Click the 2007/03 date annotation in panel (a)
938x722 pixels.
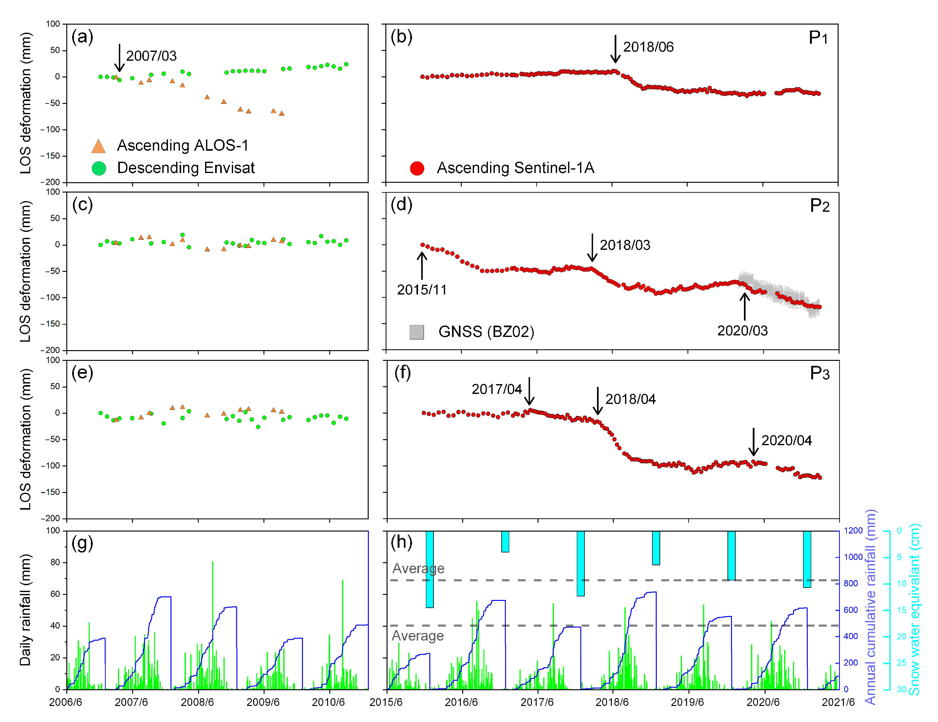click(151, 56)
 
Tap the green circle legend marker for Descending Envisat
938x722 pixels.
click(99, 168)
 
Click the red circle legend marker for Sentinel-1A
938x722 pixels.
click(417, 168)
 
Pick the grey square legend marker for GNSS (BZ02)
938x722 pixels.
click(416, 332)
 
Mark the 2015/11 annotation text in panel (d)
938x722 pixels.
click(422, 290)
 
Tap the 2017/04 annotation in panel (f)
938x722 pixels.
click(496, 389)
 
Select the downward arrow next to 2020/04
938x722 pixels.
click(753, 441)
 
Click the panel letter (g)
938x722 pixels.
click(82, 543)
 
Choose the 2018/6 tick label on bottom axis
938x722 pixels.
click(612, 702)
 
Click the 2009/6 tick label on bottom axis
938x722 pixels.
click(263, 702)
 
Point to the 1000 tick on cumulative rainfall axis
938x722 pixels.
click(853, 557)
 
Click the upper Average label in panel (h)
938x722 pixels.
click(418, 568)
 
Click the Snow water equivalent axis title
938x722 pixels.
click(914, 610)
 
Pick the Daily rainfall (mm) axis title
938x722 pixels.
click(25, 610)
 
